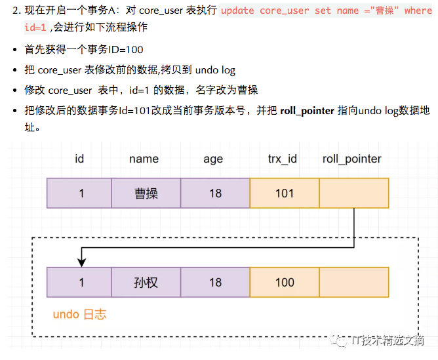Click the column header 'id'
pos(79,159)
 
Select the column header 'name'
pos(144,159)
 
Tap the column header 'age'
pos(213,159)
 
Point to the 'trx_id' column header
pos(283,159)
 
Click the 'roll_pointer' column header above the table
pos(352,159)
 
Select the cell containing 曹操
pos(146,193)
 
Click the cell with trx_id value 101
pos(285,193)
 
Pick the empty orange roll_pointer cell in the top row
pos(353,193)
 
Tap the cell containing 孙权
pos(146,283)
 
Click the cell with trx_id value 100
pos(285,283)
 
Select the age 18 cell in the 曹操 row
pos(215,193)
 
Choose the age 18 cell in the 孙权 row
pos(215,283)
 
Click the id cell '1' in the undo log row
pos(81,283)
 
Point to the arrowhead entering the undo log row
pos(81,262)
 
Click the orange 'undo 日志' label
pos(79,314)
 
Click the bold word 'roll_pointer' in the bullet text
pos(307,110)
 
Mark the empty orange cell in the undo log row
pos(353,283)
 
